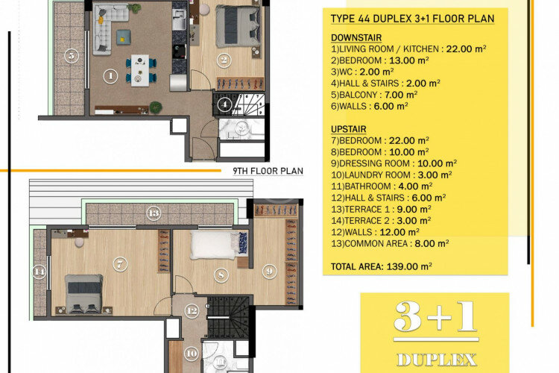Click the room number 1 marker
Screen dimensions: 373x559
pos(110,75)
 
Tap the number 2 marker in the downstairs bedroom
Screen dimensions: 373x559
pos(223,60)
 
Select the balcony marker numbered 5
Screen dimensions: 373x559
pos(71,55)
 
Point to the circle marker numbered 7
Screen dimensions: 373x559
pos(119,263)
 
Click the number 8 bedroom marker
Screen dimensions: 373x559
pos(221,275)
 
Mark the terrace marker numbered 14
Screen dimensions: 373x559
pos(40,272)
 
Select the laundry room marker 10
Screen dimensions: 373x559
pos(191,353)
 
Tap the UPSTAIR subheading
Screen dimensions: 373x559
pos(348,129)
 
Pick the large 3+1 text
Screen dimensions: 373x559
pos(435,318)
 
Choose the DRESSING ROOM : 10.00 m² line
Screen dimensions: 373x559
pos(394,163)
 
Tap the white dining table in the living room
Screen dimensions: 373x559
pos(139,65)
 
